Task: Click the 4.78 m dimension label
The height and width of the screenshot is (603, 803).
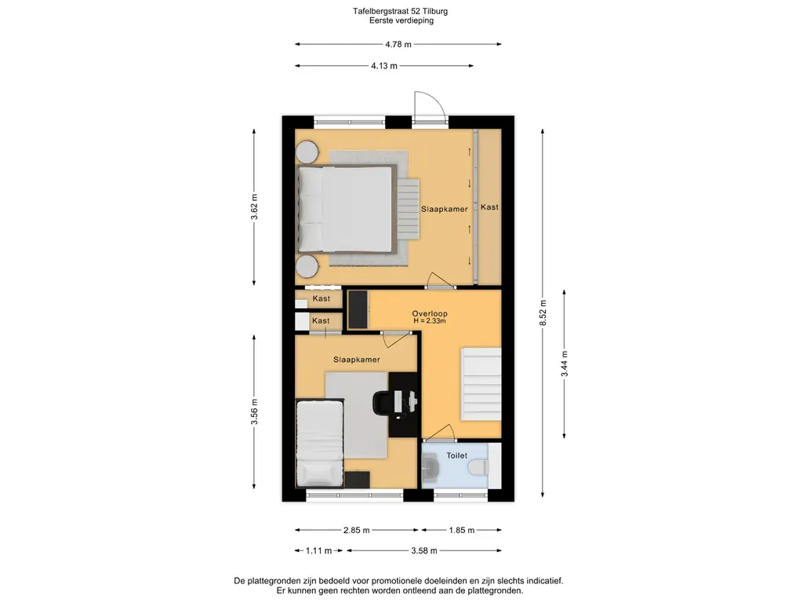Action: click(398, 44)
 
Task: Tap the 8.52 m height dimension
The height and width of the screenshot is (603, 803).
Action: click(543, 312)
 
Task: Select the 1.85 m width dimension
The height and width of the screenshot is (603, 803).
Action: click(461, 530)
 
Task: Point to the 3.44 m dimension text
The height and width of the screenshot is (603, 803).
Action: click(565, 364)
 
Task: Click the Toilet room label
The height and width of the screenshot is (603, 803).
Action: click(457, 455)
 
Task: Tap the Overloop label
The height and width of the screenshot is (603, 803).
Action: click(430, 313)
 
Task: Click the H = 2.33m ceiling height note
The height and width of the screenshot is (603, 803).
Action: click(430, 321)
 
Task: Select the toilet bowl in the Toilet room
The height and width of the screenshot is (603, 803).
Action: click(480, 466)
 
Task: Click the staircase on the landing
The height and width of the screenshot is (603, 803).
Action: click(481, 383)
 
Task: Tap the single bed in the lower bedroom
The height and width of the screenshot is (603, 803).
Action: click(320, 443)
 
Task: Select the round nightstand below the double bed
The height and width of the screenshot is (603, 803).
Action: click(307, 266)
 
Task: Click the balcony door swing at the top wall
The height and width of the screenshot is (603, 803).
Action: click(429, 107)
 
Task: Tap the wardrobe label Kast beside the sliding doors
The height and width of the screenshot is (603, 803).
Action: click(489, 207)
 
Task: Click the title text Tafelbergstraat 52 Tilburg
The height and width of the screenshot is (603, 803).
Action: click(401, 11)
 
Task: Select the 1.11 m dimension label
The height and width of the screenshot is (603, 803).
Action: click(318, 550)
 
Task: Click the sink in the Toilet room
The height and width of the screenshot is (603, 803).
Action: click(429, 467)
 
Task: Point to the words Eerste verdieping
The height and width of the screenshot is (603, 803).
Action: click(401, 20)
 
